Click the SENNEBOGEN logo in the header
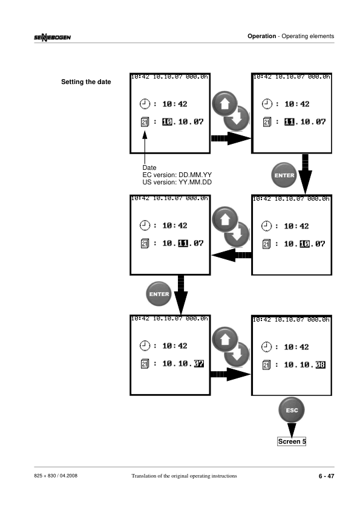(x=52, y=37)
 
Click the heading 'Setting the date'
(x=86, y=82)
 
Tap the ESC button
(x=292, y=410)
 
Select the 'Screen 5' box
(x=292, y=441)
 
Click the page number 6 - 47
(x=326, y=476)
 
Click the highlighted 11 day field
(x=289, y=122)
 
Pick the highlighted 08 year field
(x=320, y=365)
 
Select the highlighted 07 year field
(x=199, y=363)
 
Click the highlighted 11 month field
(x=183, y=243)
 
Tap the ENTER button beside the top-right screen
(x=284, y=175)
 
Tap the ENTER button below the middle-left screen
(x=159, y=294)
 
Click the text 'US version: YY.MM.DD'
(x=177, y=182)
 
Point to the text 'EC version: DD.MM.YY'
(x=177, y=175)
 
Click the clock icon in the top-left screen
(x=145, y=104)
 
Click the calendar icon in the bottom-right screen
(x=266, y=365)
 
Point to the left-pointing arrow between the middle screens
(x=232, y=255)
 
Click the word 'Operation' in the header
(x=261, y=36)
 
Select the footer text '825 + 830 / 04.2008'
(x=56, y=476)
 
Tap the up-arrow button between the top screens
(x=224, y=104)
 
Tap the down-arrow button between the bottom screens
(x=237, y=354)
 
